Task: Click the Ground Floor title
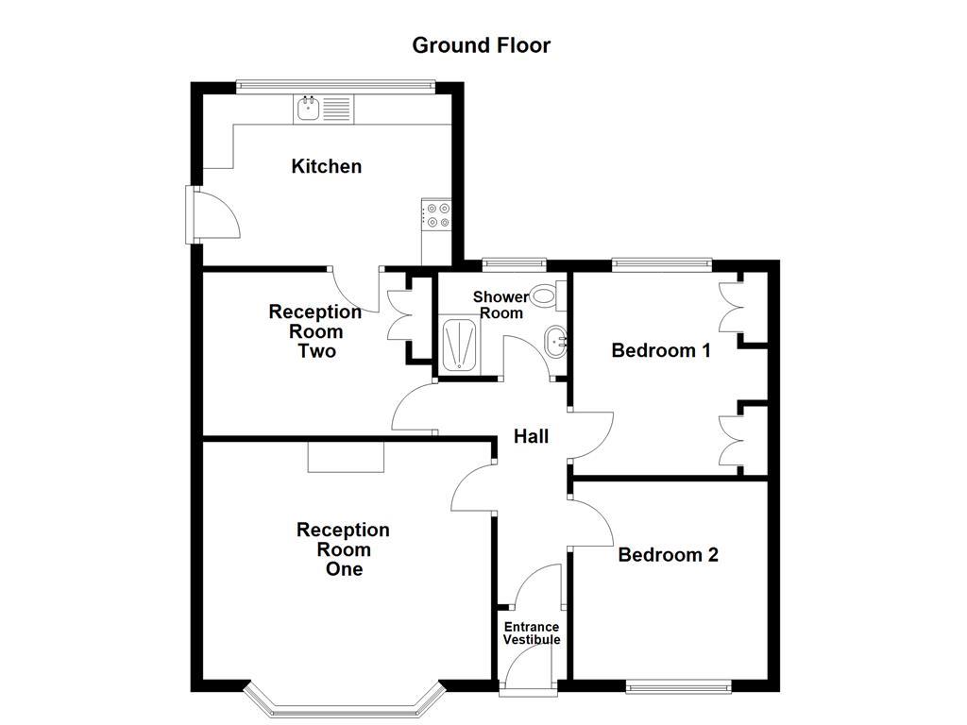click(481, 45)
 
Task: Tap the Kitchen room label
click(326, 167)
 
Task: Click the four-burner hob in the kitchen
click(436, 215)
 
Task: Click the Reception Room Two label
click(314, 331)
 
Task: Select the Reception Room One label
click(343, 549)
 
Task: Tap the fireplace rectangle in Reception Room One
click(346, 457)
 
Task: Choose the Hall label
click(531, 437)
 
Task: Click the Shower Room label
click(500, 305)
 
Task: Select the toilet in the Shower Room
click(546, 295)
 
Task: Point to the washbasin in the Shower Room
click(556, 341)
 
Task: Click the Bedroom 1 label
click(660, 351)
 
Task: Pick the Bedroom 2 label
click(668, 555)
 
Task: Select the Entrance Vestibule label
click(531, 633)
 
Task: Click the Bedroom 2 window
click(678, 687)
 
